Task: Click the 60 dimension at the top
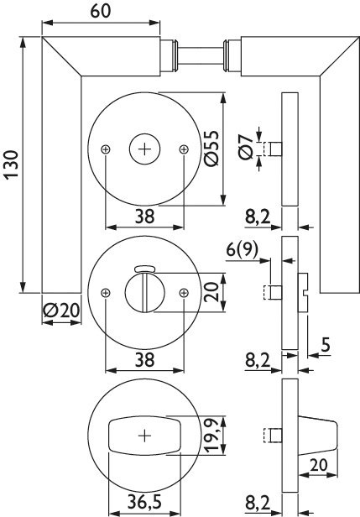click(x=101, y=11)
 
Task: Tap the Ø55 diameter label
click(x=211, y=149)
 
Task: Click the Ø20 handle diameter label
click(x=61, y=311)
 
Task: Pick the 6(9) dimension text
click(x=242, y=250)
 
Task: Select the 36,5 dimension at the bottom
click(x=144, y=503)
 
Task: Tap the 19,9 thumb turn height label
click(x=211, y=435)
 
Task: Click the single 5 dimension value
click(x=326, y=345)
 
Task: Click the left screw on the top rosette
click(x=106, y=149)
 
